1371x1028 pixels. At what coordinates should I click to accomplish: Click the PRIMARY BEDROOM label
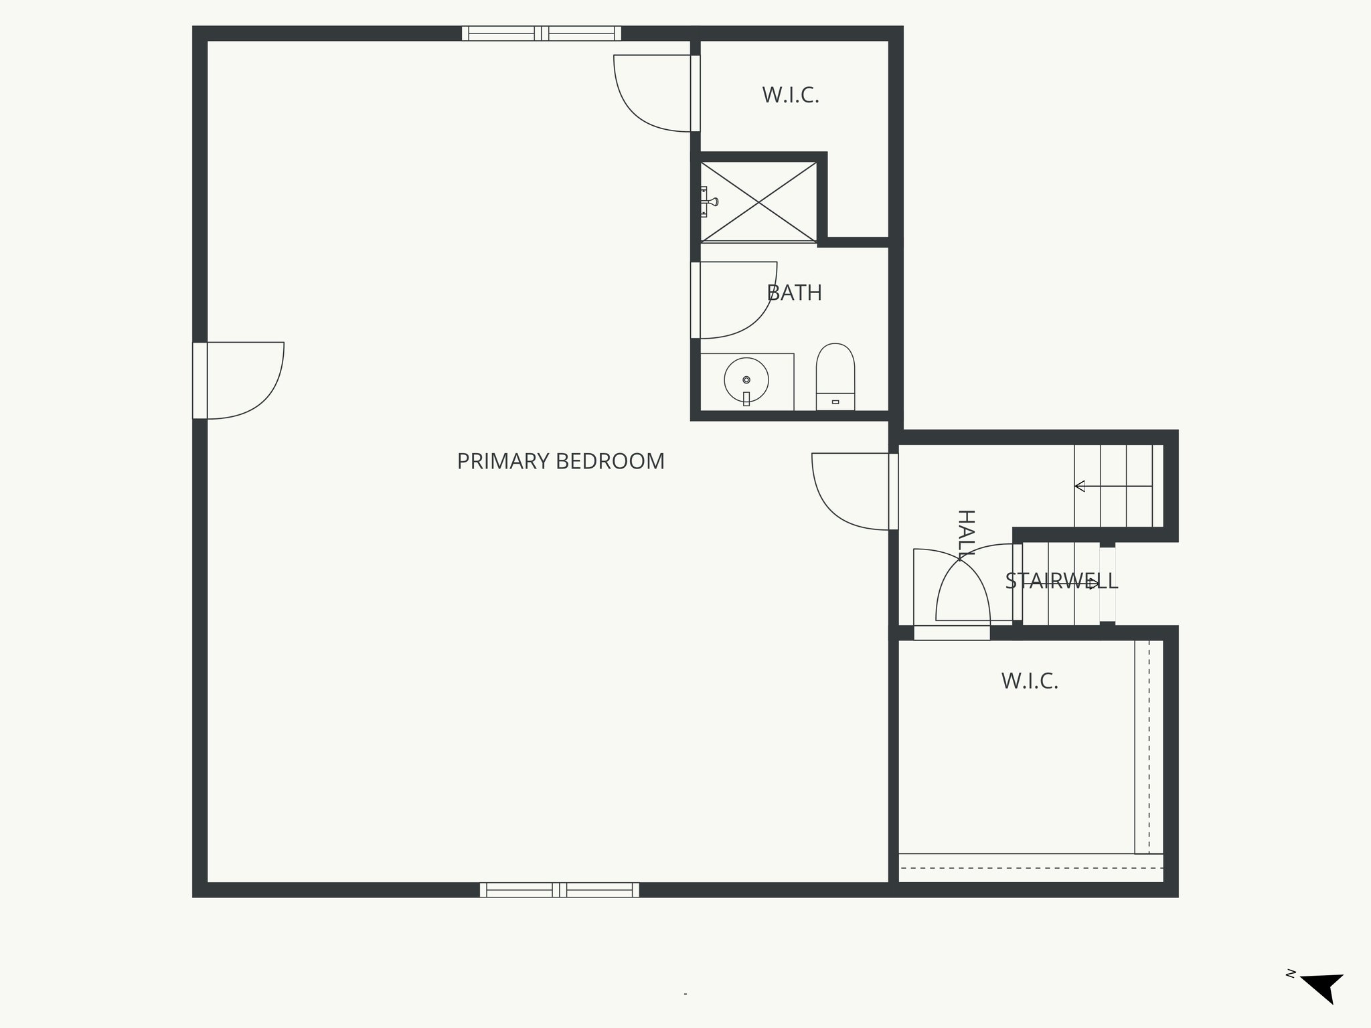pos(560,462)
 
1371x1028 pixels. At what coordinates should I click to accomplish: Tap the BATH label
pos(794,293)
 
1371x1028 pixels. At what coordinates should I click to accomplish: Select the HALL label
pos(965,535)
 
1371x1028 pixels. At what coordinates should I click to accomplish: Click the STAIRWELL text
pos(1061,581)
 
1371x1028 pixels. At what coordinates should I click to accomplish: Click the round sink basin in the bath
pos(746,379)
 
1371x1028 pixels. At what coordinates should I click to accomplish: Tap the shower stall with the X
pos(758,201)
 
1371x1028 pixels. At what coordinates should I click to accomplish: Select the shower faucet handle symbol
pos(710,201)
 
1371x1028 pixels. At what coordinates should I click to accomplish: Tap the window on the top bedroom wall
pos(542,33)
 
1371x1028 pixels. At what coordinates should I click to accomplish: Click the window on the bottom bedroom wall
pos(559,889)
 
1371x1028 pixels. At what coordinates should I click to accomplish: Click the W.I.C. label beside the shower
pos(791,96)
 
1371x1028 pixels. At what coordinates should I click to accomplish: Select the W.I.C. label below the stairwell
pos(1030,681)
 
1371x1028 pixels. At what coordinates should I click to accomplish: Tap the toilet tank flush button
pos(835,402)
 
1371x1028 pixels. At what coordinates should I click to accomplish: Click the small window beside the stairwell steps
pos(1107,584)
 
